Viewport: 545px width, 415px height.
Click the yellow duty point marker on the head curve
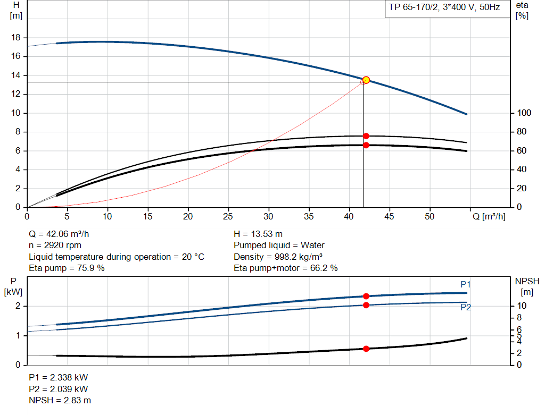[366, 80]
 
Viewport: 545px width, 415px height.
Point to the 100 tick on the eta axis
[524, 113]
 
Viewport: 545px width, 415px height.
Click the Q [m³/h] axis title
[489, 217]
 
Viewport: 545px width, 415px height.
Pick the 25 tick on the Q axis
[228, 217]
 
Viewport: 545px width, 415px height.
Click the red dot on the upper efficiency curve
[366, 136]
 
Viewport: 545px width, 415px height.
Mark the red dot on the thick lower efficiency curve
[366, 145]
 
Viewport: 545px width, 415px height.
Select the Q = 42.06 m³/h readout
[63, 234]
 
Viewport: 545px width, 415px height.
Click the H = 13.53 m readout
[258, 234]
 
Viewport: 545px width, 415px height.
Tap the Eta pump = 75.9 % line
[67, 268]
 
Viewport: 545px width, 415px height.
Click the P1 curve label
[466, 285]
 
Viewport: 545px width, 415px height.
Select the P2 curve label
[466, 307]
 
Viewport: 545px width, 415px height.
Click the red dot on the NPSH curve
[366, 349]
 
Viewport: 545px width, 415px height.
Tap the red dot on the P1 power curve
[366, 296]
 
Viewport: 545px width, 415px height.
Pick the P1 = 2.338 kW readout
[58, 377]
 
